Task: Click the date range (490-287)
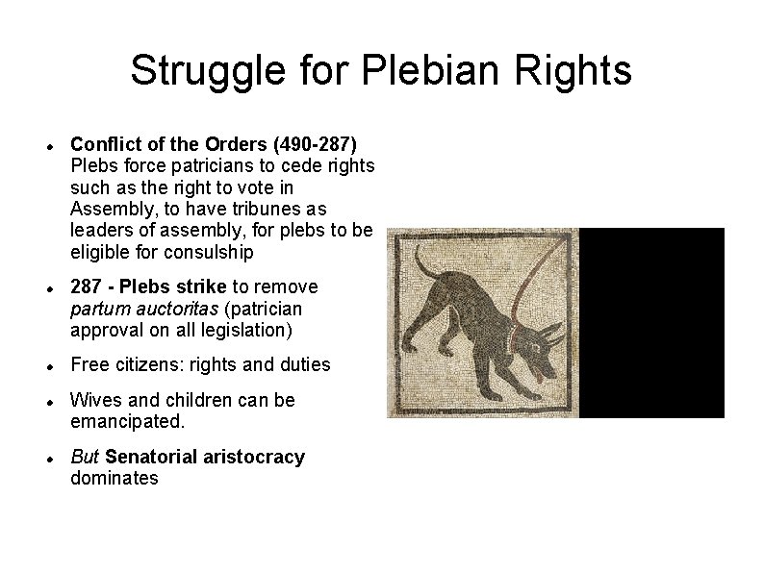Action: (315, 144)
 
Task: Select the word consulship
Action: (209, 252)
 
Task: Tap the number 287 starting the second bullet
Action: (87, 286)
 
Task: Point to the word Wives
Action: (96, 400)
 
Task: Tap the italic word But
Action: (86, 457)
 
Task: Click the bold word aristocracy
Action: (254, 457)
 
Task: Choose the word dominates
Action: (115, 478)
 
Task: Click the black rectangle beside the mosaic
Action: (651, 322)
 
